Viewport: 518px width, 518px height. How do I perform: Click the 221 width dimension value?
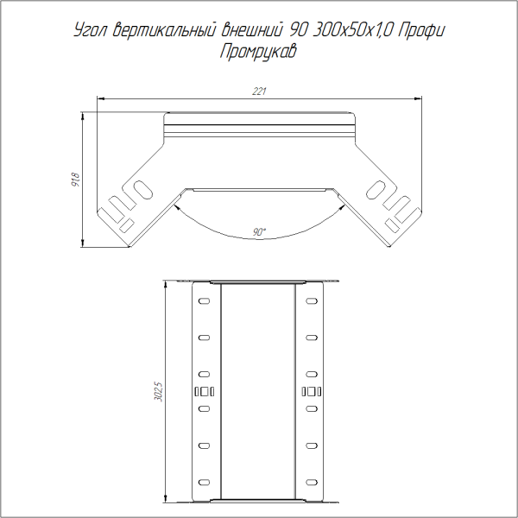(x=259, y=92)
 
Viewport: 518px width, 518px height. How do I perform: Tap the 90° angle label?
(x=260, y=231)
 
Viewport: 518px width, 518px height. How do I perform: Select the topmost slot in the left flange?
(x=205, y=301)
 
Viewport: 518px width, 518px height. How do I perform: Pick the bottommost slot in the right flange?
(x=313, y=481)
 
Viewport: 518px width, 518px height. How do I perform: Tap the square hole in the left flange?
(x=211, y=393)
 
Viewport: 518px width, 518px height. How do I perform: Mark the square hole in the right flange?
(x=307, y=393)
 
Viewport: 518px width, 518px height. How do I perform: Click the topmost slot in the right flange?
(x=313, y=301)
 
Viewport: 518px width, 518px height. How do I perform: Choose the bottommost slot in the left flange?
(x=205, y=481)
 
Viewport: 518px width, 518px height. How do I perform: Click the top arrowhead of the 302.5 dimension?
(x=166, y=285)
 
